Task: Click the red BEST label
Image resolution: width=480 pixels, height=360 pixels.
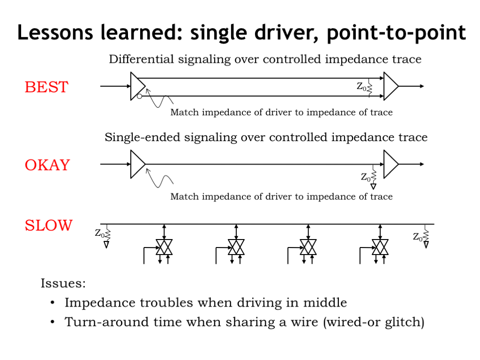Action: (x=46, y=87)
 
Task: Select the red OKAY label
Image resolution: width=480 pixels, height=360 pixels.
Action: (x=47, y=165)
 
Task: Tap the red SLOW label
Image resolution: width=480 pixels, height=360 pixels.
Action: (x=49, y=225)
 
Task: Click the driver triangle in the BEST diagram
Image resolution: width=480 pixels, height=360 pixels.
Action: (x=137, y=86)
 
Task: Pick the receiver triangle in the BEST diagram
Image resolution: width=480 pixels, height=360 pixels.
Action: (x=390, y=86)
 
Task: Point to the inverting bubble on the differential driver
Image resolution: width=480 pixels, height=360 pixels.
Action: (x=139, y=97)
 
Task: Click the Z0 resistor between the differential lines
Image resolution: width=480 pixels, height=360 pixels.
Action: (x=369, y=88)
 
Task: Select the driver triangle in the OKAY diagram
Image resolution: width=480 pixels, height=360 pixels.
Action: (x=137, y=165)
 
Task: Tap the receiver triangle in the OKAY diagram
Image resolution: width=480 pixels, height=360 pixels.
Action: (x=390, y=165)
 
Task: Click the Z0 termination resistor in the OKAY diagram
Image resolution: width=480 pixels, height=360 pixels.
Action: (x=373, y=177)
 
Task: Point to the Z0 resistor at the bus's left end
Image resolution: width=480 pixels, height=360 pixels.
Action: (x=106, y=236)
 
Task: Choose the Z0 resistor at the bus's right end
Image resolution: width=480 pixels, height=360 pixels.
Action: (x=426, y=236)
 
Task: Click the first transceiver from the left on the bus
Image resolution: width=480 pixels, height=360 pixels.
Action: (x=164, y=247)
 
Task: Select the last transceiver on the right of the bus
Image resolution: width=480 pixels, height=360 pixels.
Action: (x=380, y=247)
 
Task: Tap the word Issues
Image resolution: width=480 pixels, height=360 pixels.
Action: (x=63, y=283)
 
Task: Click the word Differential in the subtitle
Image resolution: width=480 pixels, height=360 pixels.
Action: (x=142, y=59)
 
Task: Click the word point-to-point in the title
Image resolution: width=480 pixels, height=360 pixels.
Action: (x=397, y=33)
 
